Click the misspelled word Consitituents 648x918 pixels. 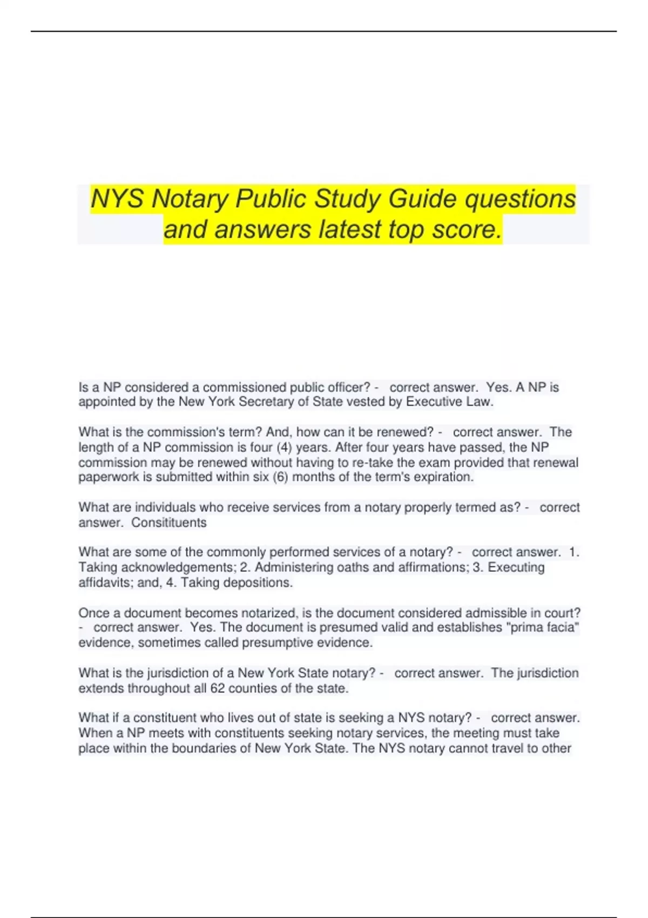[169, 523]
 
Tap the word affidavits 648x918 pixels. [103, 583]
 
